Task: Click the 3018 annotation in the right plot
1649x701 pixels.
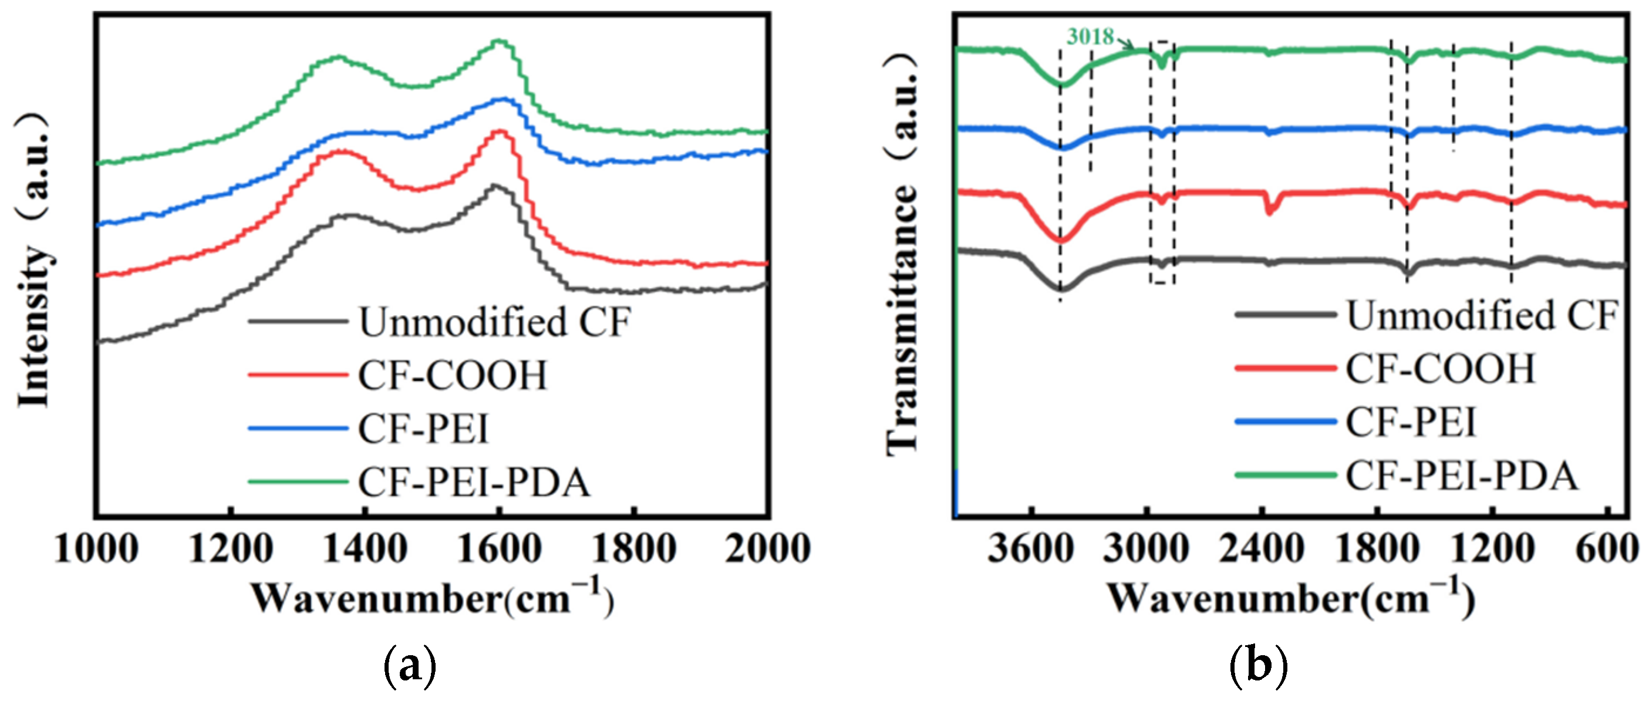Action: pyautogui.click(x=1090, y=36)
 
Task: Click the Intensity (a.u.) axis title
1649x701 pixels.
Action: pyautogui.click(x=33, y=259)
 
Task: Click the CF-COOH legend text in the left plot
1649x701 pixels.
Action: pyautogui.click(x=452, y=375)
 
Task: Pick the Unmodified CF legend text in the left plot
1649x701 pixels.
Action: pyautogui.click(x=494, y=321)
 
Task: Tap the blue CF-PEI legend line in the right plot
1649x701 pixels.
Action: pyautogui.click(x=1285, y=422)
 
